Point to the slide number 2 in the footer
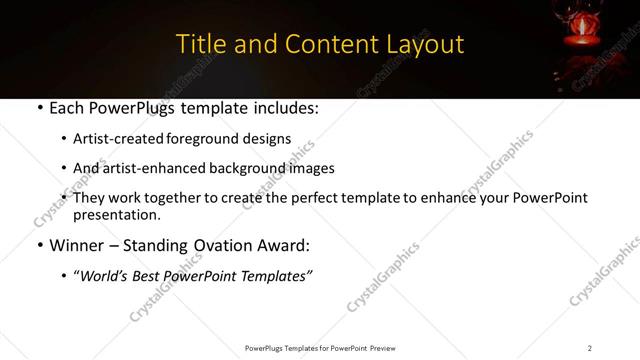589,348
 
